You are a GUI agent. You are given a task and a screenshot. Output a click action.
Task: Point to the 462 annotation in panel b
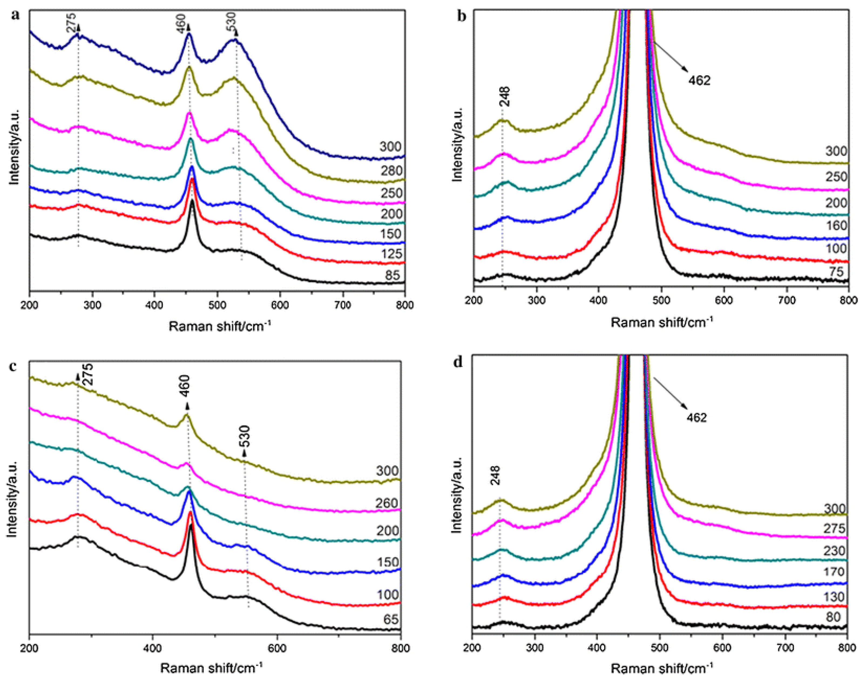[x=699, y=80]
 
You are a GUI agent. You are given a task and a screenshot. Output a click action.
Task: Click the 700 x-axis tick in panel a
[x=343, y=305]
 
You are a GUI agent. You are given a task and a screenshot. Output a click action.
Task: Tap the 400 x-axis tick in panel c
[x=153, y=648]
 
